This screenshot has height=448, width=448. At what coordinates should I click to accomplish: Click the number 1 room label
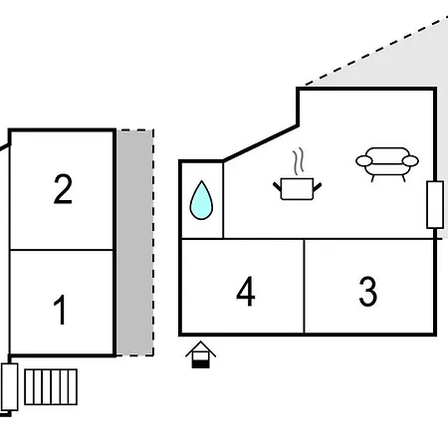tap(60, 310)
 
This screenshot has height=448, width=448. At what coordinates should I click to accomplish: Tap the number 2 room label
tap(63, 188)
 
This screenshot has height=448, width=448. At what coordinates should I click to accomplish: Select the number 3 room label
tap(368, 292)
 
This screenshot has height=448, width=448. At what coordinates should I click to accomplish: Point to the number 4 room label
tap(246, 292)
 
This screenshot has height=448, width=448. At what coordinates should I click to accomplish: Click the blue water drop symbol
tap(201, 200)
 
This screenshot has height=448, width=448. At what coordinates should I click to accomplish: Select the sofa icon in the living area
tap(387, 164)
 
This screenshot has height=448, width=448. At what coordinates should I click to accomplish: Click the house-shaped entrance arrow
tap(201, 354)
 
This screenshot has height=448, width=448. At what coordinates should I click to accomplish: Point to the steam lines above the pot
tap(298, 161)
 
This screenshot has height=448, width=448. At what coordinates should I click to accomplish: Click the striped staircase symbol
tap(51, 387)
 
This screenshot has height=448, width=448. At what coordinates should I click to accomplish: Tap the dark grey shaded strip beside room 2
tap(134, 243)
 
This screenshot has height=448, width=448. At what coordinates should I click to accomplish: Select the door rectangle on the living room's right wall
tap(435, 205)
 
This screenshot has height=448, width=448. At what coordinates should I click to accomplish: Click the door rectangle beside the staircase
tap(10, 387)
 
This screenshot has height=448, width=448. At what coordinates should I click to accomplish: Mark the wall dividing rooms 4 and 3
tap(304, 286)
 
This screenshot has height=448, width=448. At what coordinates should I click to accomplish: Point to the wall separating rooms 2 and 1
tap(62, 250)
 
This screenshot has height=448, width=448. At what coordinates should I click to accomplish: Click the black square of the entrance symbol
tap(201, 364)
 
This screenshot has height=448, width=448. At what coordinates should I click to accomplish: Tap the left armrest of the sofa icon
tap(364, 161)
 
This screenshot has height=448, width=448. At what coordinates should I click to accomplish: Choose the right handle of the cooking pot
tap(318, 187)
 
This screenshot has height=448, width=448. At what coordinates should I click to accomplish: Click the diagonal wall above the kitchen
tap(261, 143)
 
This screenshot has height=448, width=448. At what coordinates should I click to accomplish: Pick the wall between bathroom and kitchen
tap(223, 200)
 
